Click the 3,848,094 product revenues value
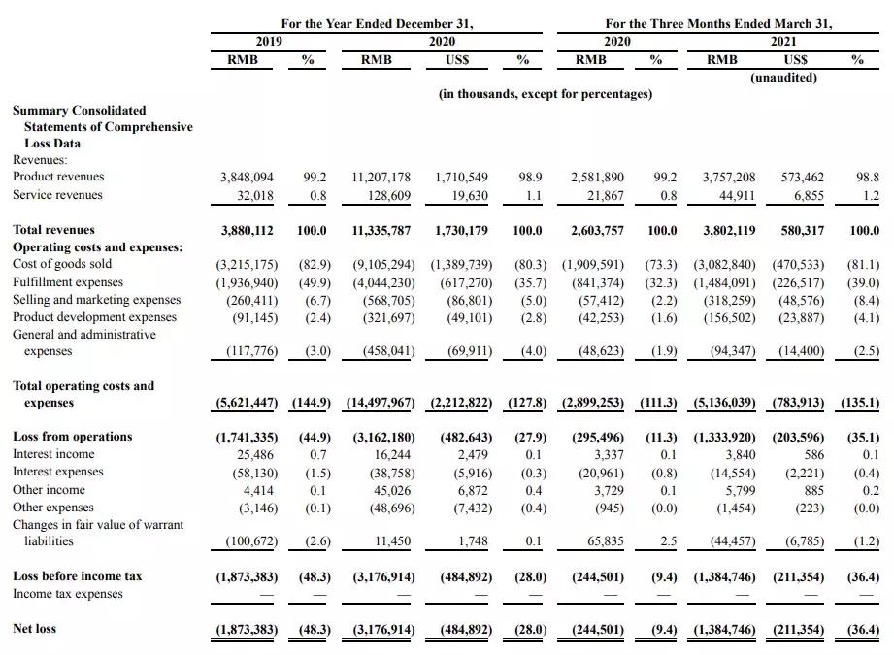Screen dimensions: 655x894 pos(248,178)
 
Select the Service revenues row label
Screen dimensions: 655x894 pos(57,195)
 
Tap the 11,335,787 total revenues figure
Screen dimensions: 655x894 pos(381,231)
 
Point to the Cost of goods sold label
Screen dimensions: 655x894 pos(62,264)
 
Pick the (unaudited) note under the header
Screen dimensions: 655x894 pos(783,78)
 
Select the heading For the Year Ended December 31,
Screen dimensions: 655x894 pos(377,23)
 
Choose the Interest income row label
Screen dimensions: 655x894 pos(53,454)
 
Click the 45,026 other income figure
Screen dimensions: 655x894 pos(388,490)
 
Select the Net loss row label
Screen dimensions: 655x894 pos(34,629)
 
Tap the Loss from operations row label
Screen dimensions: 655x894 pos(72,437)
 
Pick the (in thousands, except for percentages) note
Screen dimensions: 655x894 pos(545,94)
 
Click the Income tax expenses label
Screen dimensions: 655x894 pos(68,594)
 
